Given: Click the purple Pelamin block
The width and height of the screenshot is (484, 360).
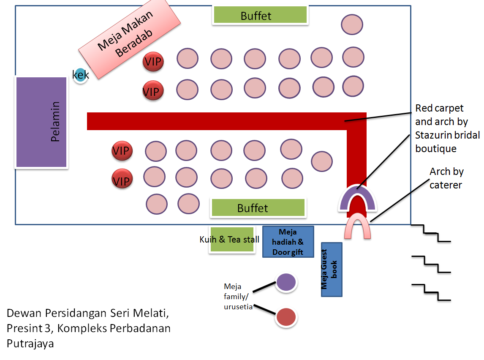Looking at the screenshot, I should pyautogui.click(x=41, y=122).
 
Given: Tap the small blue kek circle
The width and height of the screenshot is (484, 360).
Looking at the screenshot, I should pyautogui.click(x=80, y=75).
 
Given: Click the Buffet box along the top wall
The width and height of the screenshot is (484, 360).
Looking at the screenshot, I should pyautogui.click(x=260, y=15).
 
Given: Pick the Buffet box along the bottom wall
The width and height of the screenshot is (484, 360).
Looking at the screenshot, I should pyautogui.click(x=258, y=208).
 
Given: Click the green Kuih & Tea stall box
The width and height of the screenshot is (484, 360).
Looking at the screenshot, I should pyautogui.click(x=232, y=240).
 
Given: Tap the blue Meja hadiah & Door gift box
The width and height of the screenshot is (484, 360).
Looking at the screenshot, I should pyautogui.click(x=288, y=242).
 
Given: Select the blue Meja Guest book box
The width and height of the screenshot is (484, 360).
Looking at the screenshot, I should pyautogui.click(x=332, y=269).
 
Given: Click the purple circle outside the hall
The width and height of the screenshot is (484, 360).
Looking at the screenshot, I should pyautogui.click(x=286, y=282).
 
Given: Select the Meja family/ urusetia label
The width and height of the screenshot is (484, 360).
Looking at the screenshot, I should pyautogui.click(x=238, y=297).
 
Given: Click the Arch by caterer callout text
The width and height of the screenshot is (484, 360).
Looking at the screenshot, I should pyautogui.click(x=446, y=178).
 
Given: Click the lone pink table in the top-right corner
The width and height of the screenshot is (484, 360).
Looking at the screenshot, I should pyautogui.click(x=352, y=25).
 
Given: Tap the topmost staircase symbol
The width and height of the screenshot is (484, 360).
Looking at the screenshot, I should pyautogui.click(x=431, y=233).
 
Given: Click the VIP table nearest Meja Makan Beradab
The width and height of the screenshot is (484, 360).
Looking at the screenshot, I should pyautogui.click(x=153, y=62).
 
